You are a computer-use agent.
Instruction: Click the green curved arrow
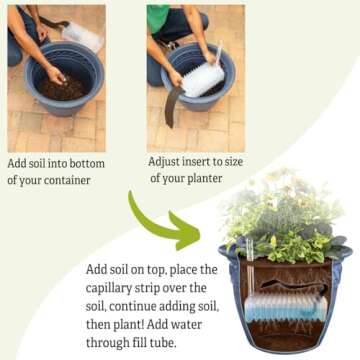pyautogui.click(x=160, y=218)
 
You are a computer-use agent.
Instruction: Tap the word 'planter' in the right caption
pyautogui.click(x=205, y=178)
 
